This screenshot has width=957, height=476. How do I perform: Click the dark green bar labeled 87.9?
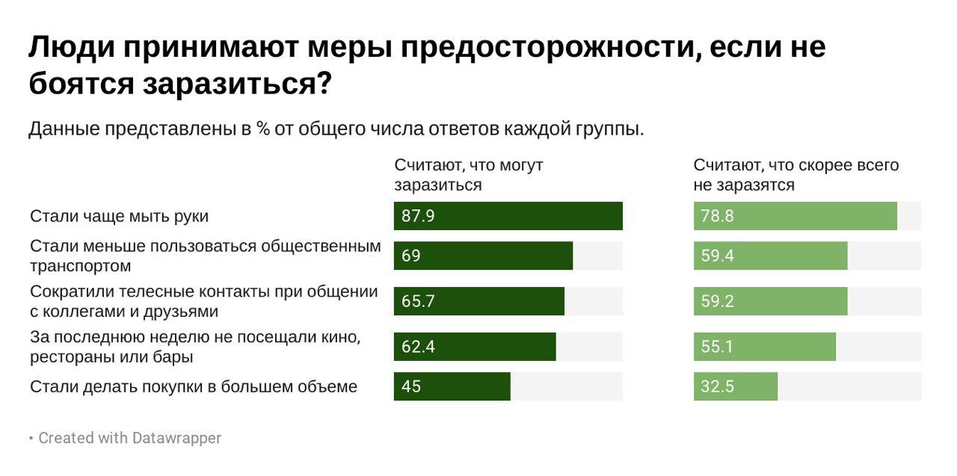[508, 216]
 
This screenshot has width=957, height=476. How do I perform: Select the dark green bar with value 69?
[483, 256]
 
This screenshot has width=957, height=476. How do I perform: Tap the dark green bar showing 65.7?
[478, 301]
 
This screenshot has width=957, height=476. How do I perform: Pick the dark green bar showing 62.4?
[475, 347]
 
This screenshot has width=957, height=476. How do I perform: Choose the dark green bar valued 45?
[452, 386]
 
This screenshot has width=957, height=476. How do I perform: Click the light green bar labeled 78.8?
[795, 216]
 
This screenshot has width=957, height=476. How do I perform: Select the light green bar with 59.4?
[770, 256]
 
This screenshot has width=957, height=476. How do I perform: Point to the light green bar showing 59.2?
[770, 301]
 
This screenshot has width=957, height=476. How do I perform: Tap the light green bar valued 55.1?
[764, 347]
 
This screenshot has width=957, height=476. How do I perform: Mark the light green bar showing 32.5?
[735, 386]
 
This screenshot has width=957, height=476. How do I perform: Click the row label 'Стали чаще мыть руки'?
[119, 216]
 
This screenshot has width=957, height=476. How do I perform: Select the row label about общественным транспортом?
[205, 256]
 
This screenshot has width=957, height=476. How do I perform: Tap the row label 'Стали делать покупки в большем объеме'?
[194, 386]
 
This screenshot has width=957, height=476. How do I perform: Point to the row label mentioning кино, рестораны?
[195, 347]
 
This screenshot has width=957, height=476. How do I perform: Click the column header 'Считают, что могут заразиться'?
[469, 175]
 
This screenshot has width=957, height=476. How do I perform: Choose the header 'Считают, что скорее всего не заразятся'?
[796, 175]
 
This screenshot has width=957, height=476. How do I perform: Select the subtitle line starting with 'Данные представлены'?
[336, 129]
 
